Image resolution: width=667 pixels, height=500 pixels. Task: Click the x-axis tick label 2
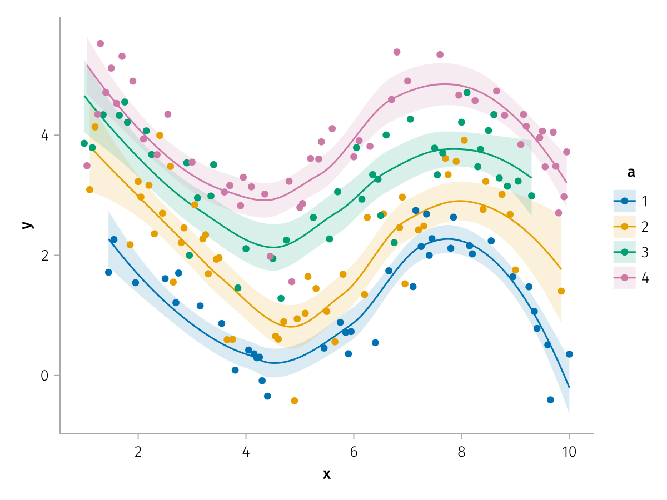[x=138, y=452]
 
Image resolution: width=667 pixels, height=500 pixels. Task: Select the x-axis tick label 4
[x=246, y=452]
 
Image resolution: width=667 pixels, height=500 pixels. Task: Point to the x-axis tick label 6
[x=354, y=452]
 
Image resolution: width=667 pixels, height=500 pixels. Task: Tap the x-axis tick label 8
[x=461, y=452]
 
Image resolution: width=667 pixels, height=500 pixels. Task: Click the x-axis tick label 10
[x=569, y=452]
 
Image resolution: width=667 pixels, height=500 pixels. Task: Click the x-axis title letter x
[x=327, y=474]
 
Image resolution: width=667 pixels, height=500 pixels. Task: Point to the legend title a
[x=631, y=173]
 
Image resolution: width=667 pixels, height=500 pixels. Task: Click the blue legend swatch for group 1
[x=624, y=201]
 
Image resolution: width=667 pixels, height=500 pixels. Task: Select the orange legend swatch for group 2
[x=624, y=227]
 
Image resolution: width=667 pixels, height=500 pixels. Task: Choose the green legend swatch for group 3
[x=624, y=252]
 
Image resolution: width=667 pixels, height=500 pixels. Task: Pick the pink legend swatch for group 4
[x=624, y=278]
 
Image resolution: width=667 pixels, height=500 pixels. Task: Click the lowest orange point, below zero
[x=295, y=401]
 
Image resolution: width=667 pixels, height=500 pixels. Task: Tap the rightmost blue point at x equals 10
[x=569, y=354]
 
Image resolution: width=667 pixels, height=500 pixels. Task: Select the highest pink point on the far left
[x=101, y=43]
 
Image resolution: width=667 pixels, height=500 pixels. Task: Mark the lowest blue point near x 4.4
[x=267, y=396]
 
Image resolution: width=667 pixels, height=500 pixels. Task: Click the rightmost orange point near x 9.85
[x=561, y=291]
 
